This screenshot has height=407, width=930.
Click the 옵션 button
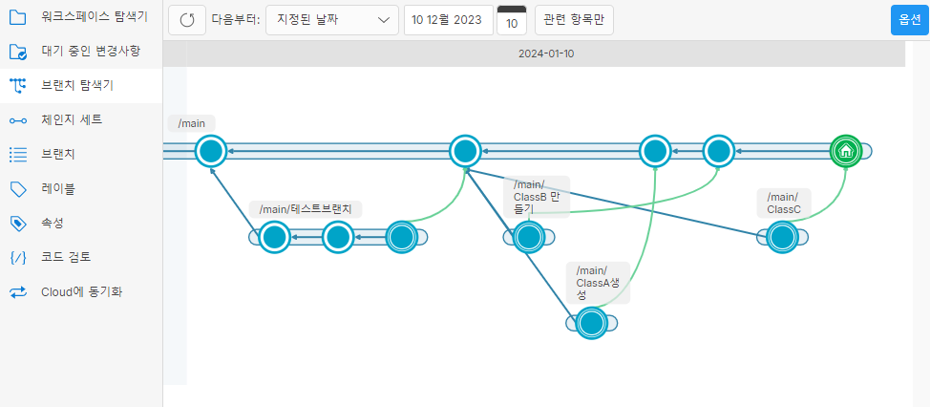909,19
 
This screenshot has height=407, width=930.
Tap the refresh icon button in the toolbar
187,19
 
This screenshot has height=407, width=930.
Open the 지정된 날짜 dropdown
332,19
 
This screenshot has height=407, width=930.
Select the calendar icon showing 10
512,20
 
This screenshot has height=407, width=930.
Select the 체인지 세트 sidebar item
71,119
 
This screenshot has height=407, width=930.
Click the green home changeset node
845,151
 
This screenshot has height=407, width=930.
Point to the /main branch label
192,122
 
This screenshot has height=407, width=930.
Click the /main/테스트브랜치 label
306,208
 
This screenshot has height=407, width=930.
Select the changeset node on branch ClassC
782,237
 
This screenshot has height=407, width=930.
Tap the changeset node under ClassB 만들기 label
528,237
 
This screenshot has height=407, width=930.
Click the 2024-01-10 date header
546,54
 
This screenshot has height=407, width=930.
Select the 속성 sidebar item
53,223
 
